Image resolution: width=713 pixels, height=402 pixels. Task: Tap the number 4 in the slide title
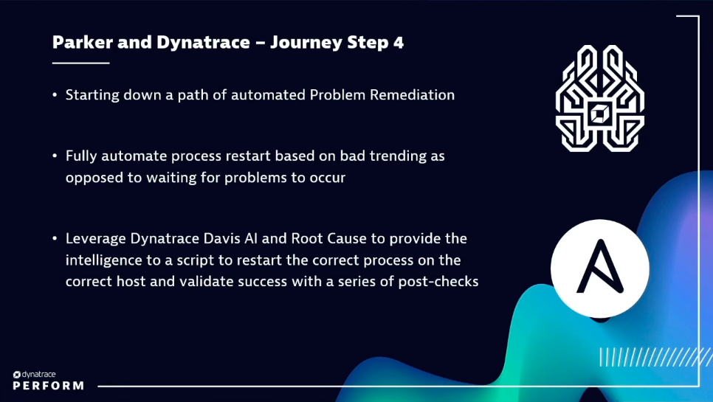399,42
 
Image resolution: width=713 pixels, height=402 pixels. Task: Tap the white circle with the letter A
600,267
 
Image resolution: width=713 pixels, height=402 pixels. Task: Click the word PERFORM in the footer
48,386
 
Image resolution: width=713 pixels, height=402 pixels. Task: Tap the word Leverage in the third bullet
93,239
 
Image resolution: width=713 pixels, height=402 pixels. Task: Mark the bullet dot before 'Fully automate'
55,156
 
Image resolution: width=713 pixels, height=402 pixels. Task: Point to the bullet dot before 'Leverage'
55,239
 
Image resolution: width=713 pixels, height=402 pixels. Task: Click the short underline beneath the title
80,63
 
